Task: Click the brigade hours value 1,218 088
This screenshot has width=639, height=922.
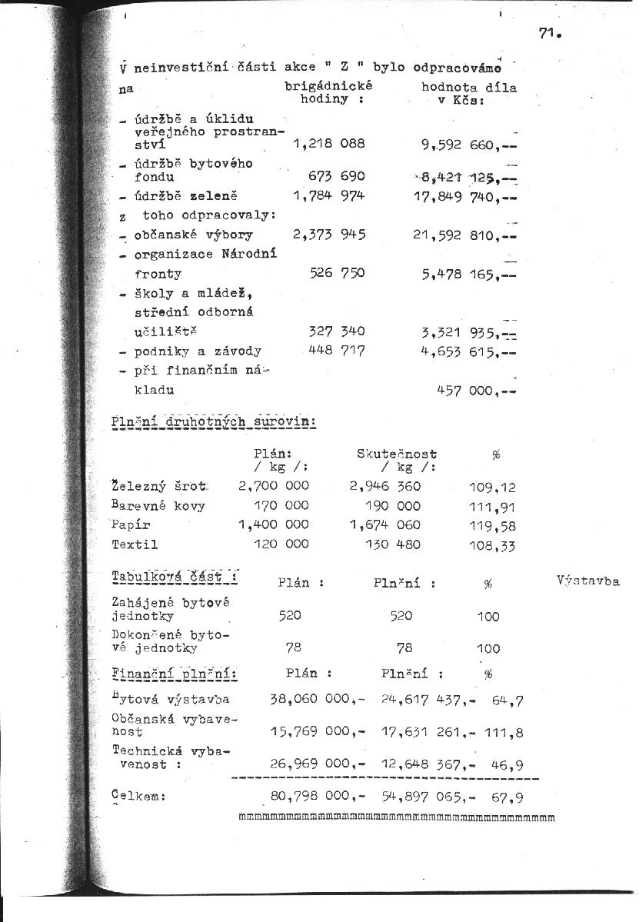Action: tap(328, 143)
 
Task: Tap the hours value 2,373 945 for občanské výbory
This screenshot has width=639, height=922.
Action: tap(328, 235)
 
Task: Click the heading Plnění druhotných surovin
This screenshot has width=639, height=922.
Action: tap(214, 422)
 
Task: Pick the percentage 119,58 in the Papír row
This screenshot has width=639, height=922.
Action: tap(492, 526)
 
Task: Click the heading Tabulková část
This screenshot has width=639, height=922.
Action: tap(173, 577)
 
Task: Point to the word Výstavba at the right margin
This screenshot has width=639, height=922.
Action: tap(587, 581)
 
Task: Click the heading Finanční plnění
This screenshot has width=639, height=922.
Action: tap(174, 674)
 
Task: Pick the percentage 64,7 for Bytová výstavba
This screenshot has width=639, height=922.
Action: tap(507, 701)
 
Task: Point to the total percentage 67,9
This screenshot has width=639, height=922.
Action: tap(507, 797)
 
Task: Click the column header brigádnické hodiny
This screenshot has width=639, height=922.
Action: tap(328, 93)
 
